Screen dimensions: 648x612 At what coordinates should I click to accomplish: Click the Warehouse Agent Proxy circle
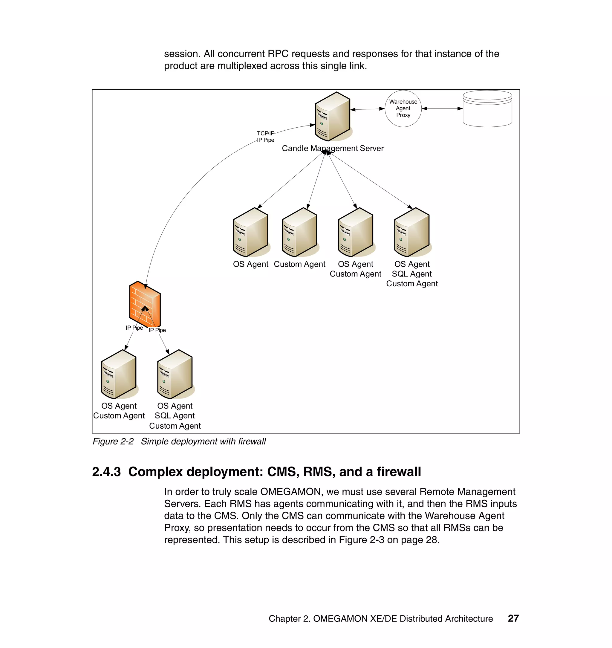(403, 108)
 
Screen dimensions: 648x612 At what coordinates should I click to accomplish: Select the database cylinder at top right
(487, 109)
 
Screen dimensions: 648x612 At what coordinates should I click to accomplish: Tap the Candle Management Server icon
(332, 116)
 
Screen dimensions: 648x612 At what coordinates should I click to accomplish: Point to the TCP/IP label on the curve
(265, 133)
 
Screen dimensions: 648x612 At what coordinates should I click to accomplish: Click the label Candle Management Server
(332, 149)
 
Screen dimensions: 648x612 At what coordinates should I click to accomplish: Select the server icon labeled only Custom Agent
(299, 232)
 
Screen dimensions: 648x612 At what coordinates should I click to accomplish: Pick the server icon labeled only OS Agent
(250, 232)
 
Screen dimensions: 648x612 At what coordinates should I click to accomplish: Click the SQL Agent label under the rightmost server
(412, 274)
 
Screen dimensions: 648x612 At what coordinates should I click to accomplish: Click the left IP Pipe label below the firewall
(134, 328)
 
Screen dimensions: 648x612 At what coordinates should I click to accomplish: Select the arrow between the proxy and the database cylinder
(442, 108)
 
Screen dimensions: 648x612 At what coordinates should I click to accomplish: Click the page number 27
(513, 618)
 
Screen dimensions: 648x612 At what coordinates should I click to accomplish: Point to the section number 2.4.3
(106, 472)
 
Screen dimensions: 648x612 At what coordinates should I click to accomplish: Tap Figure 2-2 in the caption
(113, 441)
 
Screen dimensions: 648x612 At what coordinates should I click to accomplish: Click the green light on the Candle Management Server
(322, 124)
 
